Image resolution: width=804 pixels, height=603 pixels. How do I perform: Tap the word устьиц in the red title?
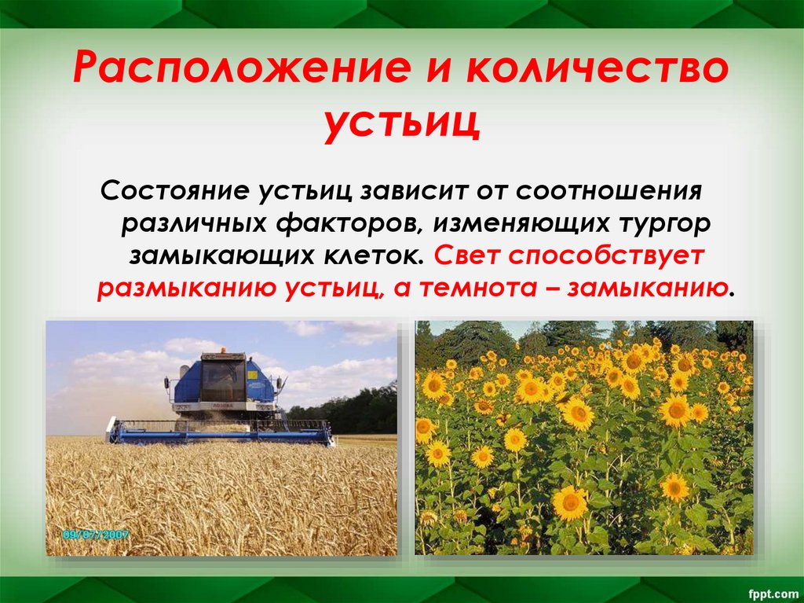click(401, 124)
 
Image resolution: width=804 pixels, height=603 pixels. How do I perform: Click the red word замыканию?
click(647, 287)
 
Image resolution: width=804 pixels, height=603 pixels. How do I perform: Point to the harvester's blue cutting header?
click(220, 432)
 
